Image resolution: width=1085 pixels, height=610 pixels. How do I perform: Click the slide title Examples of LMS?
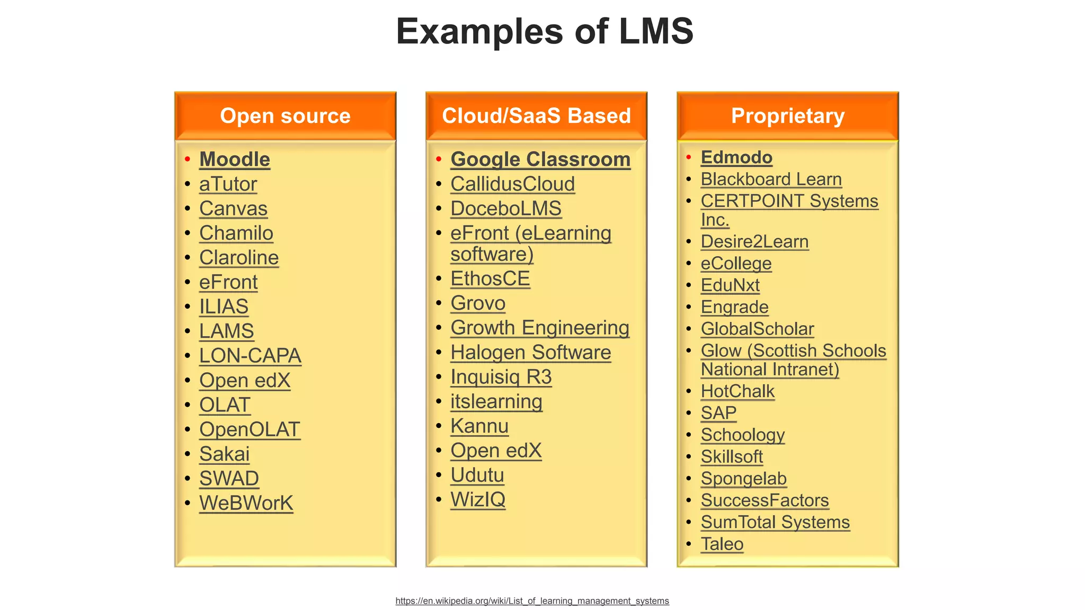[x=544, y=31]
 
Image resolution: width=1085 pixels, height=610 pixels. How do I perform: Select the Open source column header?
[x=285, y=116]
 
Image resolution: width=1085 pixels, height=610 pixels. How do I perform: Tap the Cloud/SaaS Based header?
[x=536, y=116]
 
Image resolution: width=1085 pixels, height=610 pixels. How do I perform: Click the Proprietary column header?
[x=787, y=116]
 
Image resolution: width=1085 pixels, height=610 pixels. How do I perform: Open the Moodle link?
[x=235, y=159]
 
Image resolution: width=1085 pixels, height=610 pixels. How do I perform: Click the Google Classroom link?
[x=540, y=159]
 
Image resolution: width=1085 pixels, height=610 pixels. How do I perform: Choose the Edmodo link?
[x=736, y=157]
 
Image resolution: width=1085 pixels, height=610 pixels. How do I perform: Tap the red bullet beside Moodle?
[x=188, y=159]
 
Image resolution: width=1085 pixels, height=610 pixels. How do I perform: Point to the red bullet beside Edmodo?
[x=689, y=157]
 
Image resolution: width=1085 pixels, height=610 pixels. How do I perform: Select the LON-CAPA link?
[x=250, y=356]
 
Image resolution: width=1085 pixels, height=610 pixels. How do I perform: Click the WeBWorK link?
[x=246, y=503]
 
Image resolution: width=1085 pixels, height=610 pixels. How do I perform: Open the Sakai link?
[x=224, y=454]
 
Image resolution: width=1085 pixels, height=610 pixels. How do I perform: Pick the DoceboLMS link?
[x=506, y=209]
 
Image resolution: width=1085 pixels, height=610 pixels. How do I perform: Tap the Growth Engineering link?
[x=540, y=328]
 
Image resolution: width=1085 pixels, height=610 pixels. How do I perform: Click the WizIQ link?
[x=478, y=499]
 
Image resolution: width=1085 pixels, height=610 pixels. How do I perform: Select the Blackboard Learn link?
[x=771, y=180]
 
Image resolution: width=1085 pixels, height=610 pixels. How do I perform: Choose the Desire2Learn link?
[x=754, y=241]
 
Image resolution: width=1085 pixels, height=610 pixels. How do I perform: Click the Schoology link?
[x=742, y=435]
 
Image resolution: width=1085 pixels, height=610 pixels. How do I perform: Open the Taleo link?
[x=722, y=544]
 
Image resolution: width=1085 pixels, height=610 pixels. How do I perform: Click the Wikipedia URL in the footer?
[x=532, y=601]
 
